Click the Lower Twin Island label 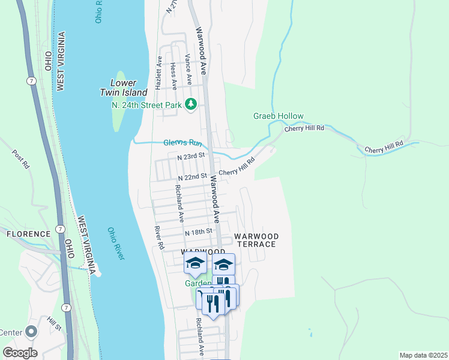tap(123, 88)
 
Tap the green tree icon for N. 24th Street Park tap(191, 105)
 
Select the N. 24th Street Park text tap(146, 105)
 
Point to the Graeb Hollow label tap(278, 116)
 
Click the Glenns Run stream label tap(183, 143)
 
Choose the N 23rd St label tap(191, 155)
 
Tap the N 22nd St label tap(192, 177)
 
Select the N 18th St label tap(199, 232)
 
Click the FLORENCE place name tap(29, 234)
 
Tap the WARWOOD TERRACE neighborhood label tap(255, 240)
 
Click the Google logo tap(20, 352)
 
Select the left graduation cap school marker tap(195, 263)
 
